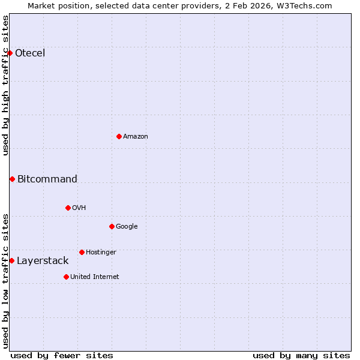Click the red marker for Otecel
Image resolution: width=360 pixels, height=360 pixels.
(x=10, y=53)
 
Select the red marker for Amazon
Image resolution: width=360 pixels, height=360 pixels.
(x=119, y=136)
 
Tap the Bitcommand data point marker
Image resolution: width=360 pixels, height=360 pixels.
(x=12, y=179)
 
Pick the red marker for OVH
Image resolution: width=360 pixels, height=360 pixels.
(x=68, y=208)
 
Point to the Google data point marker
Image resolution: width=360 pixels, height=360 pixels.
(x=112, y=226)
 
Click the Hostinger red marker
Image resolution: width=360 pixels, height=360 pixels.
(x=82, y=252)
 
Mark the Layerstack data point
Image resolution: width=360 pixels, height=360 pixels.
(x=11, y=260)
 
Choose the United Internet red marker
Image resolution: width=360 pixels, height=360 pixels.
(x=66, y=277)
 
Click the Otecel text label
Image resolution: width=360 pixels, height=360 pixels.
(x=30, y=53)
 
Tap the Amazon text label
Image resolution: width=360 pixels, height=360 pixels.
(x=136, y=136)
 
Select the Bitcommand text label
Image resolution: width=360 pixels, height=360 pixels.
(x=47, y=179)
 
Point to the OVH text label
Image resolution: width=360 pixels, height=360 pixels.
(x=79, y=208)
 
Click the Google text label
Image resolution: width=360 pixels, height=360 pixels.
(x=127, y=226)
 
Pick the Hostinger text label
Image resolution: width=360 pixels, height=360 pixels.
(x=101, y=252)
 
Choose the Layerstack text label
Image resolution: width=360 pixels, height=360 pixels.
(x=43, y=260)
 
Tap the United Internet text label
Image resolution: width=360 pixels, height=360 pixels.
(x=95, y=277)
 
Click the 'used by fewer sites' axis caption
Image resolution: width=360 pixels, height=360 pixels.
(x=62, y=355)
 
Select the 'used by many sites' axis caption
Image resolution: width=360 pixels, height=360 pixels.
(x=301, y=355)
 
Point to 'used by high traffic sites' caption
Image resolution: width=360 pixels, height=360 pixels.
(x=5, y=85)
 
